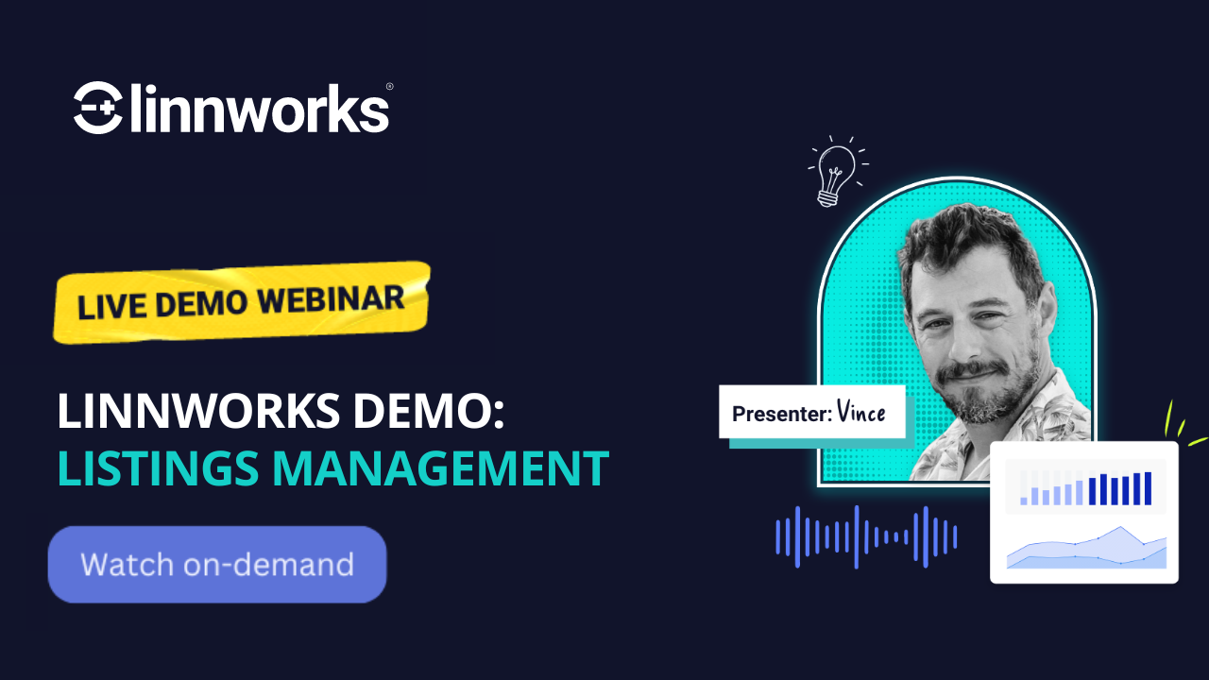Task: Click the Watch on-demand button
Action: coord(217,565)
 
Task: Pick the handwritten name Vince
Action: coord(860,412)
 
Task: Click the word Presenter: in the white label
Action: coord(781,413)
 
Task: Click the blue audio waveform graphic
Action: coord(866,537)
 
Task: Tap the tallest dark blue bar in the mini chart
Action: coord(1148,488)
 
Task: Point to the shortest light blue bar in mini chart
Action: coord(1023,501)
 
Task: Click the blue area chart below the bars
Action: coord(1086,551)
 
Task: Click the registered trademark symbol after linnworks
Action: coord(389,87)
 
